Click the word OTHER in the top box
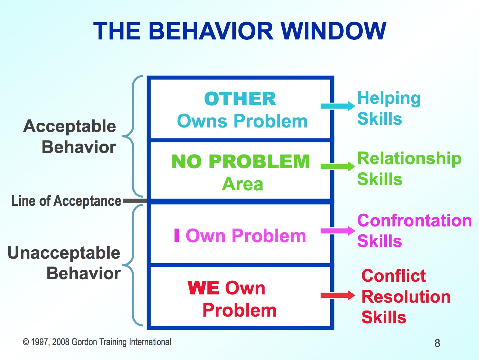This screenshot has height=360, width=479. coord(240,99)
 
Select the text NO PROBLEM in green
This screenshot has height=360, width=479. coord(240,161)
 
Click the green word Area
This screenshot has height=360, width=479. coord(242,184)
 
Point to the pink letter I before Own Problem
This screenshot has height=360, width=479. coord(177,236)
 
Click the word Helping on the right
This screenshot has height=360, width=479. coord(389,99)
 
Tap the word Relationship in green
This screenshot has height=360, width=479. coord(409,158)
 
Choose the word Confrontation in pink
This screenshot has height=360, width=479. coord(414,221)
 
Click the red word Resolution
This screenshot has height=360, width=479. coord(406,297)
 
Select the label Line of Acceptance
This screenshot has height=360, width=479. coord(66,201)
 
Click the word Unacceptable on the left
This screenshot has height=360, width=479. coord(64,253)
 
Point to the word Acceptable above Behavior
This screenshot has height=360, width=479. coord(70,126)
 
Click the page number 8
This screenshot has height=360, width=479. coord(437,343)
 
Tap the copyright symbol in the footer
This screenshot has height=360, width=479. coord(26,342)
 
